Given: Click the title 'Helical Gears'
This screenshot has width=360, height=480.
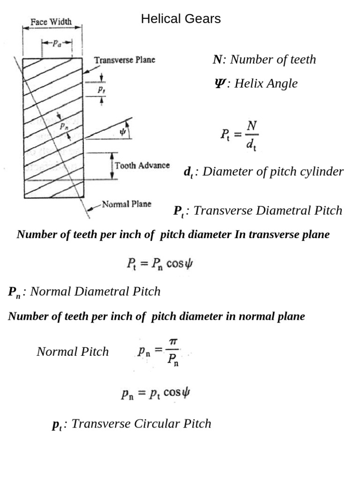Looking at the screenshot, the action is pyautogui.click(x=180, y=19).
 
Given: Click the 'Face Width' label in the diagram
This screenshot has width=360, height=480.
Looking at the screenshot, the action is pyautogui.click(x=51, y=22).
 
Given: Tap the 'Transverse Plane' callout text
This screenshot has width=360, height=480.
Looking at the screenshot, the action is pyautogui.click(x=124, y=60).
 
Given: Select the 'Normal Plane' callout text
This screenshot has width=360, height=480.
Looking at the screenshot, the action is pyautogui.click(x=127, y=204).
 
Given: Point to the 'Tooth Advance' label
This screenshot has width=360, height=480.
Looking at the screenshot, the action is pyautogui.click(x=142, y=166).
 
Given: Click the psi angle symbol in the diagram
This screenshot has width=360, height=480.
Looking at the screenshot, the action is pyautogui.click(x=123, y=132).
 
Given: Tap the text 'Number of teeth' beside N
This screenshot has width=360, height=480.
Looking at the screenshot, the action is pyautogui.click(x=273, y=60).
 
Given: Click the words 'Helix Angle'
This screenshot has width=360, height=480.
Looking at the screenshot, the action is pyautogui.click(x=266, y=83).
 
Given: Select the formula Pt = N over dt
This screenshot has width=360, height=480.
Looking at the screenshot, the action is pyautogui.click(x=240, y=135).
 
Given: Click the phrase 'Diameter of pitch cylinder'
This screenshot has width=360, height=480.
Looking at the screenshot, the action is pyautogui.click(x=273, y=172).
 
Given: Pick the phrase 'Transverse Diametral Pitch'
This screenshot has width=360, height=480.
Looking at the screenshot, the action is pyautogui.click(x=268, y=210).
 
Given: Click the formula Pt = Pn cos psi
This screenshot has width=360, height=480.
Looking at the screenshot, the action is pyautogui.click(x=159, y=263).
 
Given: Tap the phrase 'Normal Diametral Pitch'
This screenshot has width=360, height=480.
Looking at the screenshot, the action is pyautogui.click(x=95, y=292).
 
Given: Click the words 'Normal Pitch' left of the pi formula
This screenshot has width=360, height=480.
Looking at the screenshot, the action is pyautogui.click(x=73, y=352).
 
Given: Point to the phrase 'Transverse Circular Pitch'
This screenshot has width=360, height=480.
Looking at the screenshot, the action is pyautogui.click(x=141, y=424).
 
